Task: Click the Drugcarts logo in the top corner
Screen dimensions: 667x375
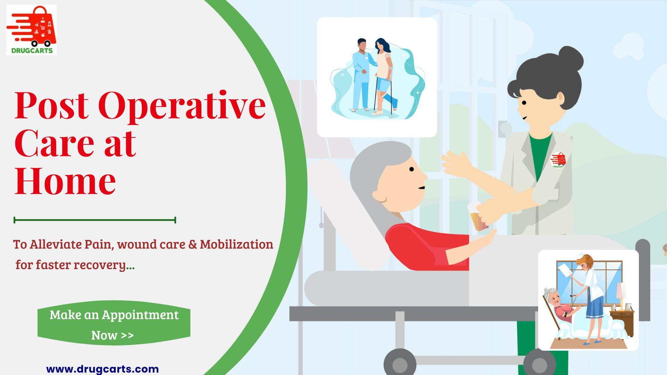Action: [x=31, y=30]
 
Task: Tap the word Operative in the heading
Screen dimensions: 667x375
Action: [x=182, y=106]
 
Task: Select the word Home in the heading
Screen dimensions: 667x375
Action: [x=65, y=181]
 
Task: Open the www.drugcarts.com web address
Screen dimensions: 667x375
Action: [x=102, y=369]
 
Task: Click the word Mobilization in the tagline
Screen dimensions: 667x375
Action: [x=237, y=244]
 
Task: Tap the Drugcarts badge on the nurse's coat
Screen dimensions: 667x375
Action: [x=558, y=160]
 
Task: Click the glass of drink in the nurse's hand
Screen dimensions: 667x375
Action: [x=477, y=217]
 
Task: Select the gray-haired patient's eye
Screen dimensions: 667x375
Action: [x=412, y=169]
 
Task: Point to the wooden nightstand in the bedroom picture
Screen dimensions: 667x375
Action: [x=622, y=323]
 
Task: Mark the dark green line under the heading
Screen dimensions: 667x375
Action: [x=95, y=220]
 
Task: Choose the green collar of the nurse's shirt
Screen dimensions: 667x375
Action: [x=541, y=153]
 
